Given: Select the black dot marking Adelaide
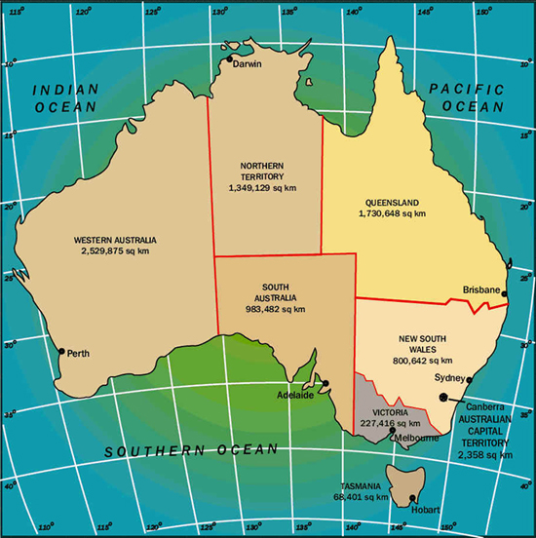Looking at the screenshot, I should (x=325, y=383).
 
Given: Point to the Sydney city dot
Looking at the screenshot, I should (x=466, y=380).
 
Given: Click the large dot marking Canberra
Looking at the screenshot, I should (x=443, y=397).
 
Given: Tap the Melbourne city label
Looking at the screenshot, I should (x=417, y=439).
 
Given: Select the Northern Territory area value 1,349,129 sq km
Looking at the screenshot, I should (x=262, y=187).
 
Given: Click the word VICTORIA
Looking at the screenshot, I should (x=390, y=412).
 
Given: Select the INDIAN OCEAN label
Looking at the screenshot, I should (x=66, y=98).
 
